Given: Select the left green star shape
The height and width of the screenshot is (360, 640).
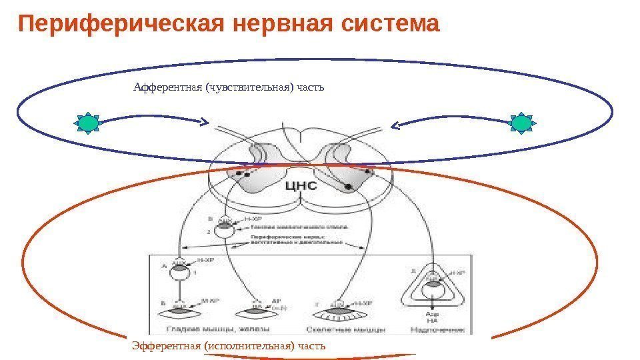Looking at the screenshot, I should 88,123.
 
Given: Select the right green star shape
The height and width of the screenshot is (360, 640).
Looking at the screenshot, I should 522,123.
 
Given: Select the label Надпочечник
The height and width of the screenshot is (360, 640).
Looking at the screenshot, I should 433,328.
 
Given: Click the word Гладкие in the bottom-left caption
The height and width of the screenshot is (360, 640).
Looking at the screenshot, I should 182,328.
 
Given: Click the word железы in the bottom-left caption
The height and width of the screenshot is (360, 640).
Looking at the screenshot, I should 249,328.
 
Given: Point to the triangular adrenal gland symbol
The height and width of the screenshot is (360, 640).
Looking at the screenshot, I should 433,286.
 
